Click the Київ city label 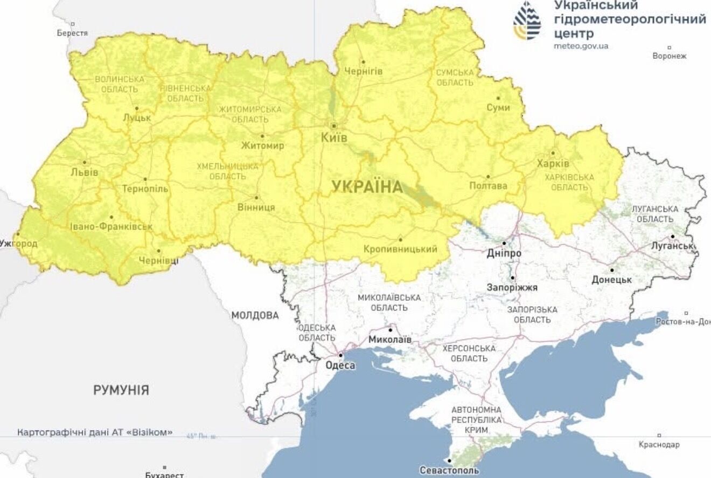click(x=334, y=138)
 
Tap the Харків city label click(x=553, y=163)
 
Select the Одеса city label click(x=340, y=365)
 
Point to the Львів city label click(x=85, y=172)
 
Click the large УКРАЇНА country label click(x=367, y=187)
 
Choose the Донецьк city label click(x=611, y=280)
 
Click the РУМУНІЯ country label click(x=121, y=390)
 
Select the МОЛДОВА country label click(x=255, y=315)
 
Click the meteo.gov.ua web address click(x=581, y=46)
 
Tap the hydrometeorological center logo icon click(x=527, y=20)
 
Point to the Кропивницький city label click(x=400, y=249)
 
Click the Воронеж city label click(x=670, y=56)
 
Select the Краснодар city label click(x=659, y=445)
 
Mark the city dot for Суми click(x=498, y=99)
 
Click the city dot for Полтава click(x=488, y=176)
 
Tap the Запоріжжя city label click(x=512, y=288)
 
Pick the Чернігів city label click(x=363, y=72)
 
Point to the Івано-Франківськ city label click(x=111, y=227)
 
